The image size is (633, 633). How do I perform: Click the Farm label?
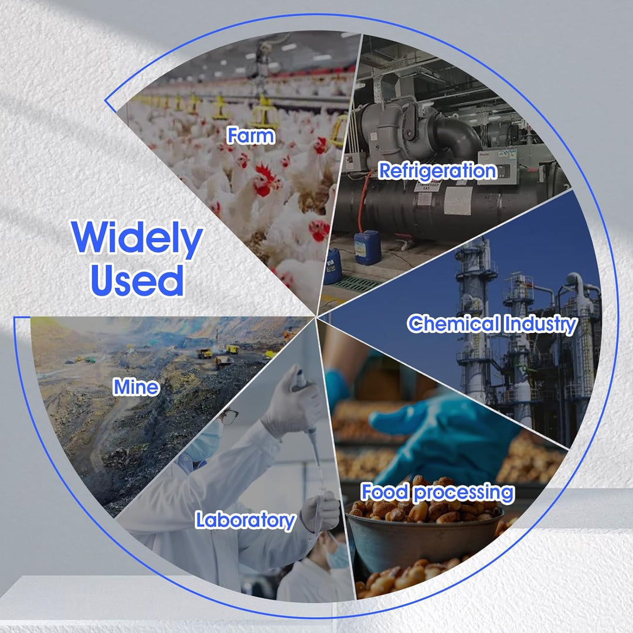pyautogui.click(x=251, y=135)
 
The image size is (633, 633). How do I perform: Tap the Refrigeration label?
pyautogui.click(x=438, y=171)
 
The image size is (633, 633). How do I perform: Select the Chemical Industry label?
pyautogui.click(x=492, y=325)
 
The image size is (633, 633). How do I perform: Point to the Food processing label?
pyautogui.click(x=438, y=492)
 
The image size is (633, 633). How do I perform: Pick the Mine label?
pyautogui.click(x=137, y=387)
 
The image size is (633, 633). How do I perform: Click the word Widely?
pyautogui.click(x=137, y=239)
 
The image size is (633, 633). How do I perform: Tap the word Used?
pyautogui.click(x=137, y=281)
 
